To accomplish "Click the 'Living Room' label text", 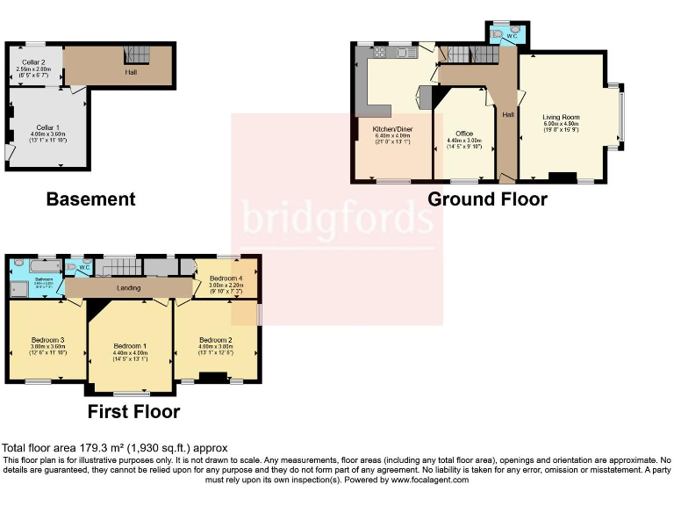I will coord(561,117).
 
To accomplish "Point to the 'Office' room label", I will coord(464,133).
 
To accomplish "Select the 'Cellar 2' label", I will coord(33,61).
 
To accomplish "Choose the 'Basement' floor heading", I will coord(90,199).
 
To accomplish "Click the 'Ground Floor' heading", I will coord(487,199).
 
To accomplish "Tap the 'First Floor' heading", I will coord(133,411).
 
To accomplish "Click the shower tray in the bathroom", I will coord(18,290).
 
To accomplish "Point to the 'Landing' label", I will coord(128,288).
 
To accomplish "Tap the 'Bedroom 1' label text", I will coord(130,345).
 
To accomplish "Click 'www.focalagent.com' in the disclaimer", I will coord(429,480).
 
